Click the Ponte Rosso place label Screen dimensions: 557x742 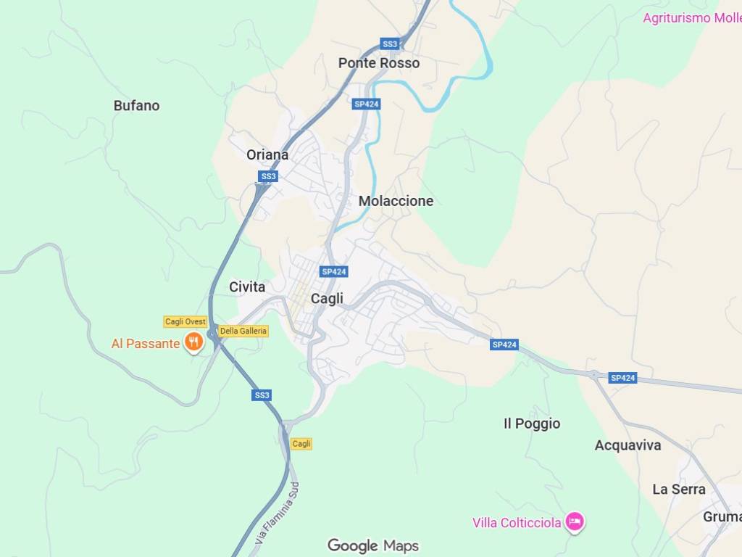tap(378, 63)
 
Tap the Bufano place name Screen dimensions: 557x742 tap(136, 105)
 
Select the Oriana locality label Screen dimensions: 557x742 tap(267, 154)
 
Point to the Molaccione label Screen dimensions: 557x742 tap(396, 201)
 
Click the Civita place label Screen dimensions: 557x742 tap(247, 287)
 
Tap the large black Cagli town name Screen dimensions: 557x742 tap(327, 298)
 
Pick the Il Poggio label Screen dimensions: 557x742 tap(532, 424)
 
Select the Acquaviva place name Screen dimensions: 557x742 tap(628, 445)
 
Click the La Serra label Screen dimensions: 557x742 tap(678, 489)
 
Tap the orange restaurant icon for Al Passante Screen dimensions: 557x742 tap(193, 342)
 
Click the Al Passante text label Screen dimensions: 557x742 tap(145, 344)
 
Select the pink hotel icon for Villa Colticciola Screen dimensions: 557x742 tap(575, 521)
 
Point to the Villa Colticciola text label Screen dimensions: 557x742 tap(517, 523)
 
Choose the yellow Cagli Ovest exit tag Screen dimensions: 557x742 tap(185, 322)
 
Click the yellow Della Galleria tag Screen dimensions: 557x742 tap(243, 331)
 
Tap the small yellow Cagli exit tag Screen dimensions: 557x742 tap(301, 443)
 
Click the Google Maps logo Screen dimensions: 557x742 tap(372, 545)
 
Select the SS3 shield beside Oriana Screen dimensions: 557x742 tap(268, 176)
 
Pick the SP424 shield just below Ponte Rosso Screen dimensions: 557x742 tap(367, 104)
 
